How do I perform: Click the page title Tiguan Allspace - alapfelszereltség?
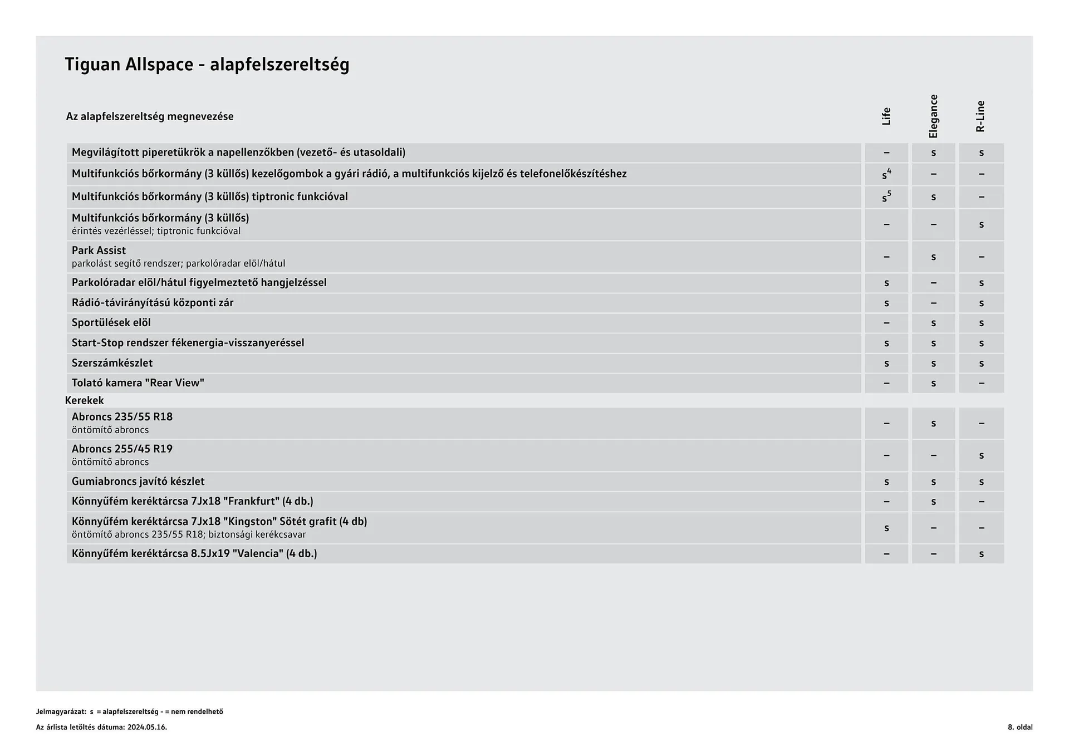coord(207,65)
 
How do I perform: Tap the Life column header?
coord(886,116)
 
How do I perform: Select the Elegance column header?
coord(934,116)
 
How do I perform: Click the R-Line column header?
coord(981,116)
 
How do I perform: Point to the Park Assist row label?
coord(99,251)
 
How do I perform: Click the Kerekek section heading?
coord(85,400)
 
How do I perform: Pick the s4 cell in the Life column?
coord(886,174)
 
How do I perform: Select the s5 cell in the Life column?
coord(886,197)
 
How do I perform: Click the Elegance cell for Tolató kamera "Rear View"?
coord(934,383)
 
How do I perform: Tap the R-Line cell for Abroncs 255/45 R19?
coord(981,455)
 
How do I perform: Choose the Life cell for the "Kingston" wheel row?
coord(886,528)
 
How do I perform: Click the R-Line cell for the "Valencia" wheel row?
coord(981,554)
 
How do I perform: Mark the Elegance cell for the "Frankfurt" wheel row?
coord(934,502)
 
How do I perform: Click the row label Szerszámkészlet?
coord(112,363)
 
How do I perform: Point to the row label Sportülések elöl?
coord(111,323)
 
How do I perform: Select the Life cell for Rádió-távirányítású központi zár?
coord(886,303)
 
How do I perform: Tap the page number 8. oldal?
coord(1020,727)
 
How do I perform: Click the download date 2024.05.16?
coord(147,727)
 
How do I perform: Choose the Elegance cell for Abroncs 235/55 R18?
coord(934,423)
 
